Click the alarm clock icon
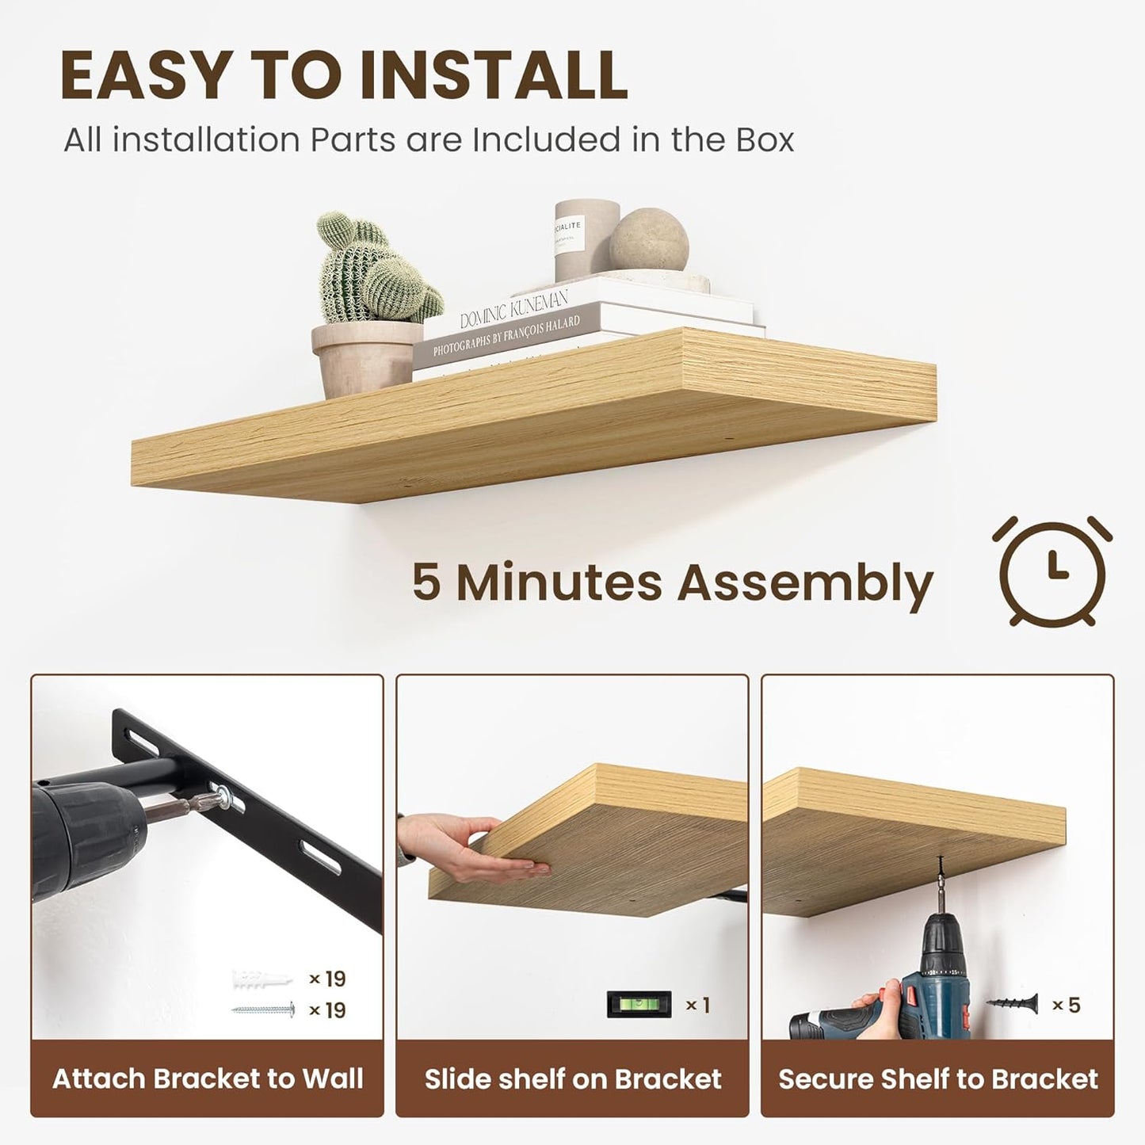click(x=1051, y=571)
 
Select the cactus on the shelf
click(x=372, y=269)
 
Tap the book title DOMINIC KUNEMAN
click(x=514, y=309)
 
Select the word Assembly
click(x=805, y=583)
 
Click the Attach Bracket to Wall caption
click(x=208, y=1078)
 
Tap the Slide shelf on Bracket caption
click(x=573, y=1078)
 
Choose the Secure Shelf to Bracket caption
click(x=938, y=1078)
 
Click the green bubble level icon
click(x=639, y=1005)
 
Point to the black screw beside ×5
click(x=1013, y=1004)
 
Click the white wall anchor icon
click(x=262, y=979)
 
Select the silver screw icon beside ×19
click(x=264, y=1010)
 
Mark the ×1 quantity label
click(x=697, y=1005)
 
